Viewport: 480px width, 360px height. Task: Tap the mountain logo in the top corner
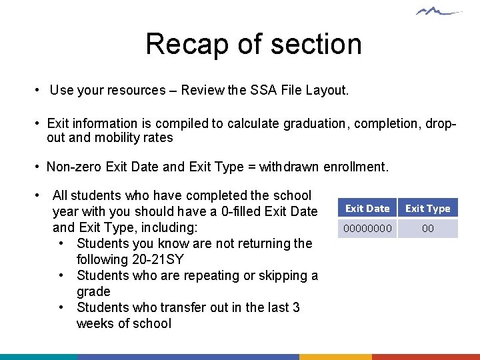pos(439,11)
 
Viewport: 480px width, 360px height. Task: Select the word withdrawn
pos(290,167)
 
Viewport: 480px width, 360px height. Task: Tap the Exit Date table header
pos(367,209)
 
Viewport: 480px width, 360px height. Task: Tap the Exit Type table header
pos(428,209)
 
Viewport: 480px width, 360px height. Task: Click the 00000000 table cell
pos(367,229)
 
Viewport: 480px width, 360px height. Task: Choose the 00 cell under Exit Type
pos(428,229)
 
